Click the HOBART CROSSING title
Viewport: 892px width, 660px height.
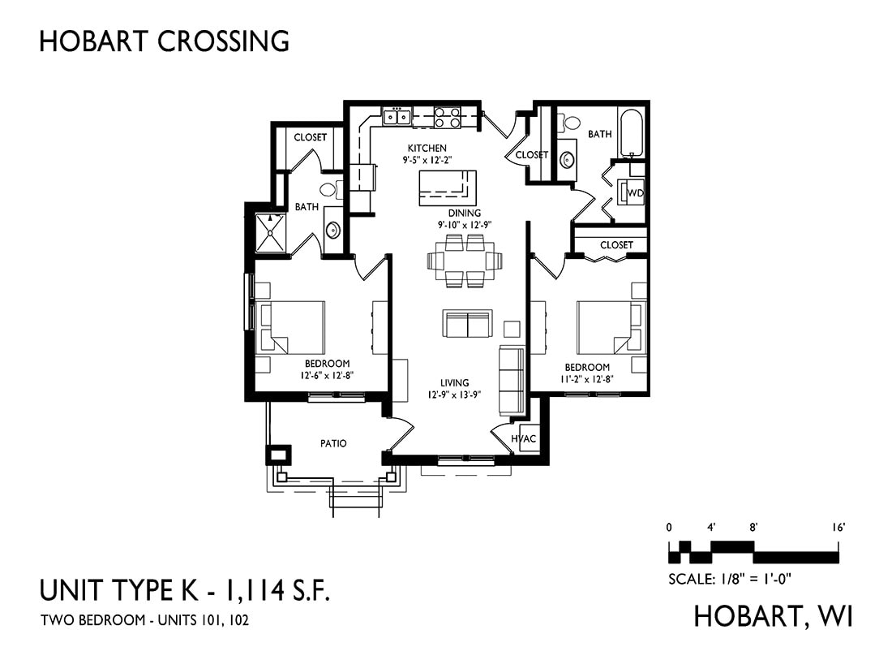165,41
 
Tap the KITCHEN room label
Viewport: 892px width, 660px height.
427,148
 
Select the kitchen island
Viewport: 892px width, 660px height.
448,188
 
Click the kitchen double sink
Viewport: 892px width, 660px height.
397,117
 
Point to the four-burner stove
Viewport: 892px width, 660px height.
448,118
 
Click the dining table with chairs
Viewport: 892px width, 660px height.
465,261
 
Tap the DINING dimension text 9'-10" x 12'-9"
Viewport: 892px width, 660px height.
465,224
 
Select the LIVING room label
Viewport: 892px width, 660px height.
455,382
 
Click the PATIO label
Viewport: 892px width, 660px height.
333,443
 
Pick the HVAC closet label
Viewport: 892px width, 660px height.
523,439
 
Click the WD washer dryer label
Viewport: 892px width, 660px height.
635,193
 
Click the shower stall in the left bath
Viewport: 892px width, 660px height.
270,232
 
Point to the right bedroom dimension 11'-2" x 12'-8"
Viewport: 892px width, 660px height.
587,378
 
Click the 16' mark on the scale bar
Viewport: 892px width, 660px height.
839,528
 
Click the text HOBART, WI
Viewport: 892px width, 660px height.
774,616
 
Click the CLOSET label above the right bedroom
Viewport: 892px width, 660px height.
616,245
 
